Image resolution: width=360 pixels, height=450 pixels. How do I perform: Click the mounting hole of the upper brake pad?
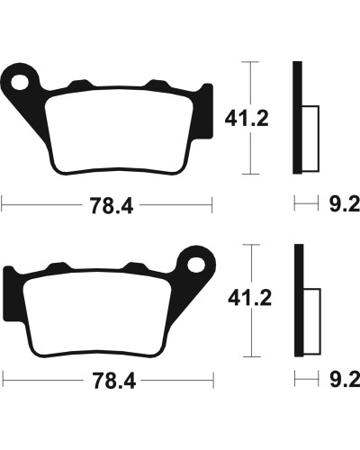click(20, 82)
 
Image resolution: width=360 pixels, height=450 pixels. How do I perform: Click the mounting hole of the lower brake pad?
click(196, 265)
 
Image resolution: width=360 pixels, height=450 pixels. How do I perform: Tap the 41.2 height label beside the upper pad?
click(247, 119)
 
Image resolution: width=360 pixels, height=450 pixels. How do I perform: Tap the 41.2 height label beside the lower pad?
click(250, 298)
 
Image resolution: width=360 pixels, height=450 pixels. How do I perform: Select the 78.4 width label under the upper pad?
click(112, 206)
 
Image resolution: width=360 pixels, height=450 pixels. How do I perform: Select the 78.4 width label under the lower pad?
click(114, 381)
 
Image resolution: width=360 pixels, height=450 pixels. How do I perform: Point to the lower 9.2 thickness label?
click(345, 380)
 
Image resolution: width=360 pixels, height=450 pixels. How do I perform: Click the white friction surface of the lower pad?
click(97, 313)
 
